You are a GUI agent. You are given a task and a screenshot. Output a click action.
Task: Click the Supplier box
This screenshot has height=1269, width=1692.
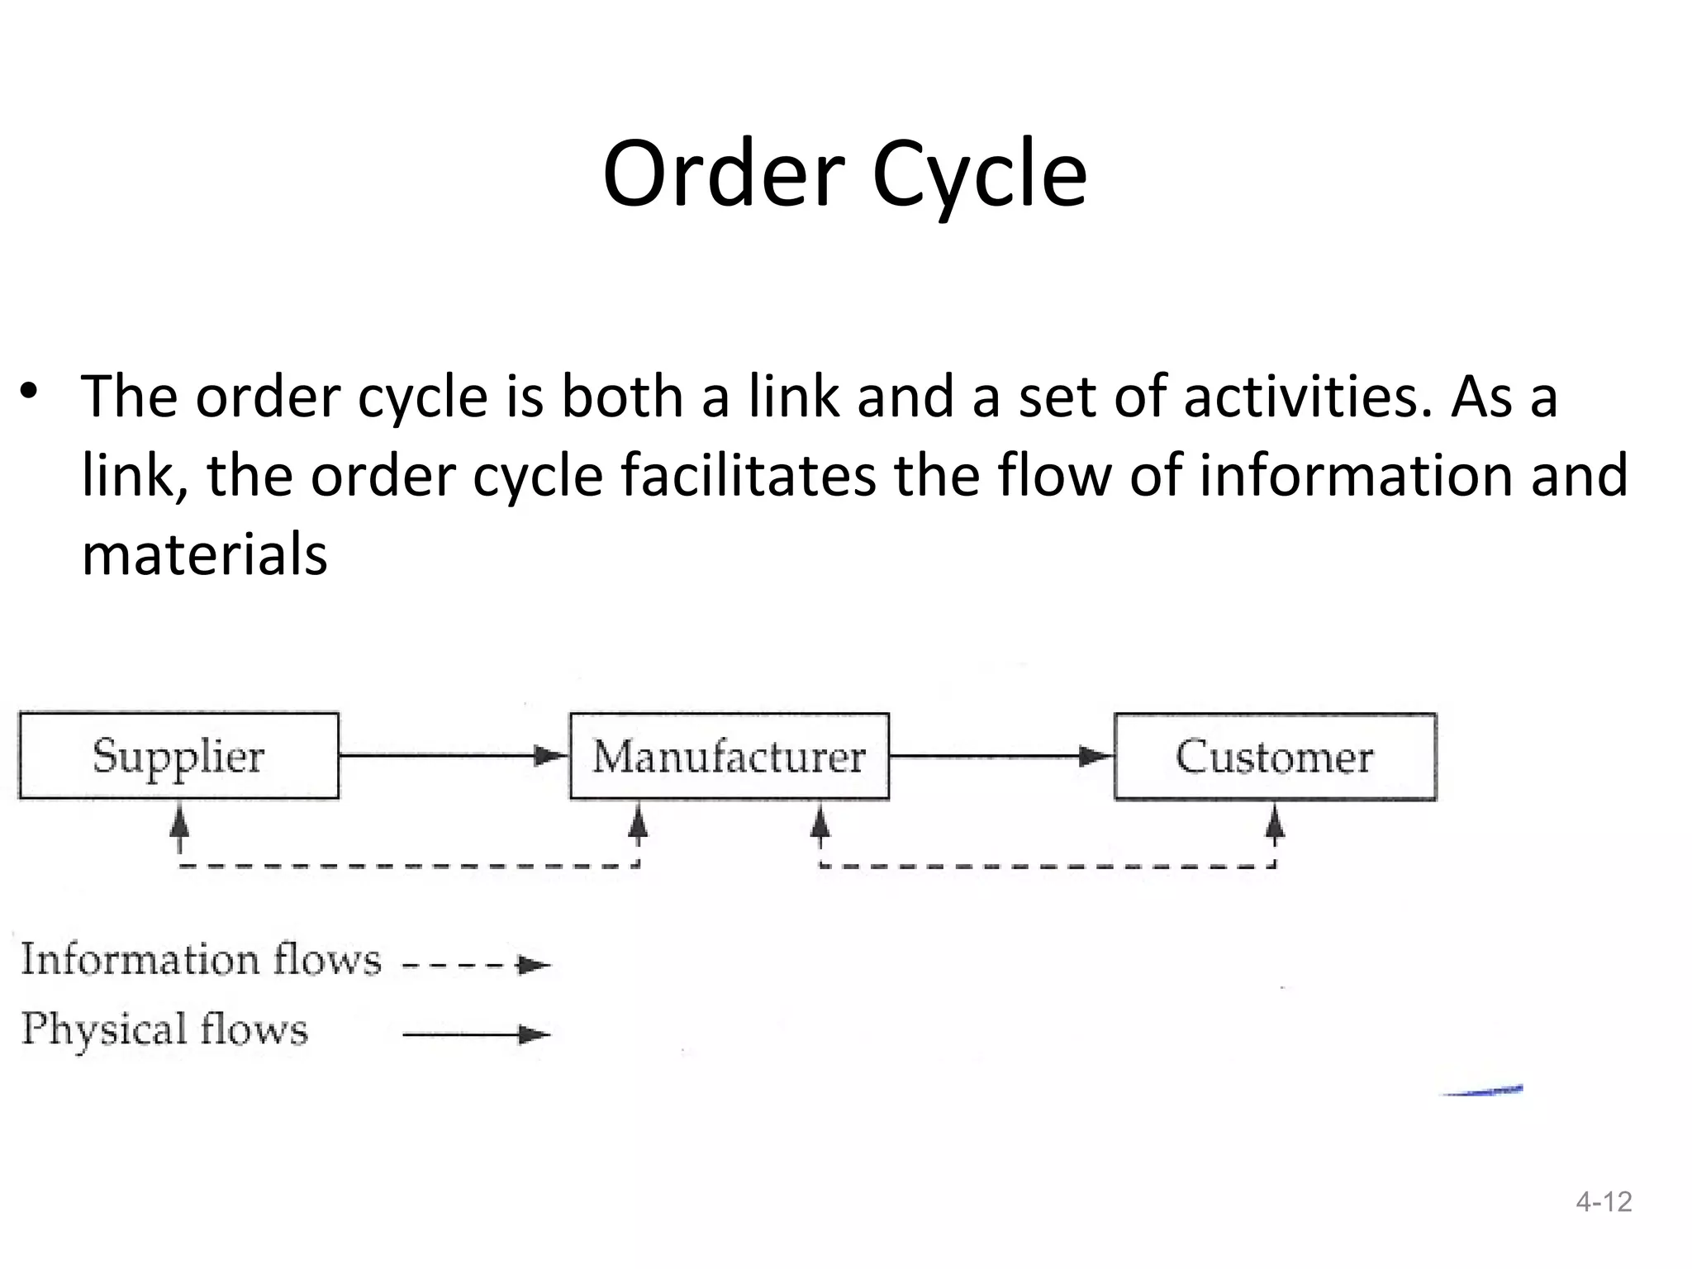pos(178,755)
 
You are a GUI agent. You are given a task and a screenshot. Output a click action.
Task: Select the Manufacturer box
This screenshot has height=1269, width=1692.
pos(730,756)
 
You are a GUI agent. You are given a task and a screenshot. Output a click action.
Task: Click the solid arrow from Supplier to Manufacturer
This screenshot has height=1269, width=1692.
pos(454,755)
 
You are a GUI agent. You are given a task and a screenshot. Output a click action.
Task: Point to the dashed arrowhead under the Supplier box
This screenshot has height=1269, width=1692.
pos(179,825)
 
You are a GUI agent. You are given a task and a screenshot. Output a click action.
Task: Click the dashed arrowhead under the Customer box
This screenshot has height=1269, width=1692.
pos(1275,825)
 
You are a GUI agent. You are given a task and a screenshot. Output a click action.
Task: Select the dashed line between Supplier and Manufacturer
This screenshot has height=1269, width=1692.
pos(409,866)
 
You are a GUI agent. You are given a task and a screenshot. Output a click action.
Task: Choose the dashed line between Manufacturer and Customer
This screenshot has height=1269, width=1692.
pos(1048,866)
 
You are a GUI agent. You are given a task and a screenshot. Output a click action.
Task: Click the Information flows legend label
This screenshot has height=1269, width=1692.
pos(201,960)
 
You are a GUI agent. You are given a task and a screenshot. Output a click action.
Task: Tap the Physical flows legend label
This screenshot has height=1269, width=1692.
pos(164,1029)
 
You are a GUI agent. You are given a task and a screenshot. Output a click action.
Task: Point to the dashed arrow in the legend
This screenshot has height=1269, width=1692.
pos(476,964)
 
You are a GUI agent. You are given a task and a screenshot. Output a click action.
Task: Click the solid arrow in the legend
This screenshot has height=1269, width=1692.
pos(476,1034)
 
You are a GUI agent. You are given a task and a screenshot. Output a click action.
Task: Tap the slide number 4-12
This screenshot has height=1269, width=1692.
pos(1604,1201)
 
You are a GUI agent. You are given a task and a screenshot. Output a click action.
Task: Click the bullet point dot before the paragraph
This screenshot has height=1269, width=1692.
pos(30,390)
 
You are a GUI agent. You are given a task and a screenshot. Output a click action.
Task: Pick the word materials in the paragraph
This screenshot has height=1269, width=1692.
pos(204,554)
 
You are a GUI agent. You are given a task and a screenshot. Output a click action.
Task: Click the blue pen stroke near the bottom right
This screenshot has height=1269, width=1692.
pos(1483,1091)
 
